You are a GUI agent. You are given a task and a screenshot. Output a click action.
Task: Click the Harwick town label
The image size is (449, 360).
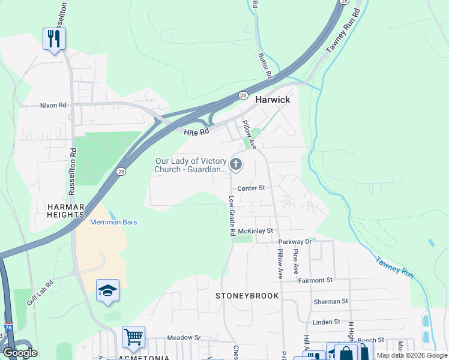click(x=273, y=100)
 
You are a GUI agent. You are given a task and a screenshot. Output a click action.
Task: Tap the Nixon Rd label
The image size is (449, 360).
click(x=53, y=106)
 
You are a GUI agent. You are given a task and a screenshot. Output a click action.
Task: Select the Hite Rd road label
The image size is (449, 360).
click(x=196, y=131)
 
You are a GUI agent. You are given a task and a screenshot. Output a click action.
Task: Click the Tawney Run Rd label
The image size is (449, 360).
click(x=343, y=31)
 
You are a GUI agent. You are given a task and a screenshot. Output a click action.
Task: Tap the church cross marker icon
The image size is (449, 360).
click(x=237, y=164)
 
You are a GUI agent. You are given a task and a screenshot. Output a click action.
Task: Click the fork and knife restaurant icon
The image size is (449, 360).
click(x=54, y=39)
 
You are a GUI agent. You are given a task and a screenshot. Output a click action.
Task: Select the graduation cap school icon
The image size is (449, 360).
click(x=107, y=290)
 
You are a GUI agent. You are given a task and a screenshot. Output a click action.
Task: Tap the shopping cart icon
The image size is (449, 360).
click(x=133, y=337)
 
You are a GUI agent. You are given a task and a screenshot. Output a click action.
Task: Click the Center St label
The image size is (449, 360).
click(x=251, y=188)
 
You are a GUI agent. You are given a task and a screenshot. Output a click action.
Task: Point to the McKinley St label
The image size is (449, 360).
click(x=255, y=230)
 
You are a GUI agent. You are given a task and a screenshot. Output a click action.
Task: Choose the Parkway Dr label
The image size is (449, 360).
click(x=300, y=242)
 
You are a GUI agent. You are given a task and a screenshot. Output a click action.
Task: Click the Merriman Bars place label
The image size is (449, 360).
click(x=113, y=222)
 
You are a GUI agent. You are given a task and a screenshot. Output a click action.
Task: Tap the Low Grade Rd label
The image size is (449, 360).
click(x=231, y=215)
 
